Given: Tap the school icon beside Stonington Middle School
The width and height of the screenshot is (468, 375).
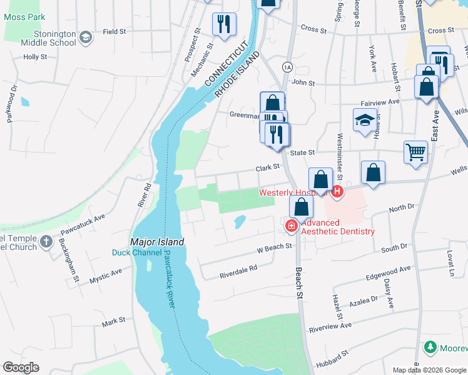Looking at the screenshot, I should pos(86,38).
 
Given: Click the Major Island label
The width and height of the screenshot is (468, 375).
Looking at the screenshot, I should pos(157,242).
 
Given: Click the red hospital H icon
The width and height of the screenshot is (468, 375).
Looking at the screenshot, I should pos(338,191).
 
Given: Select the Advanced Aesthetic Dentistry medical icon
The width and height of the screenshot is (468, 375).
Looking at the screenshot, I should pos(292,226).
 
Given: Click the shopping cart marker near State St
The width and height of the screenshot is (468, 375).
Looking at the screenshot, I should pos(415,152).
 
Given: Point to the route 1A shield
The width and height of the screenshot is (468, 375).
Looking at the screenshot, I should pos(287,66).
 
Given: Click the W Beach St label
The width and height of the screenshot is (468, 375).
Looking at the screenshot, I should pos(275,247).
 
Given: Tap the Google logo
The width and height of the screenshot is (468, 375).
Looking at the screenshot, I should pos(21,367).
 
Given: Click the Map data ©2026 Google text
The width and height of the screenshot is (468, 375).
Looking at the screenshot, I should pos(429,370).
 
